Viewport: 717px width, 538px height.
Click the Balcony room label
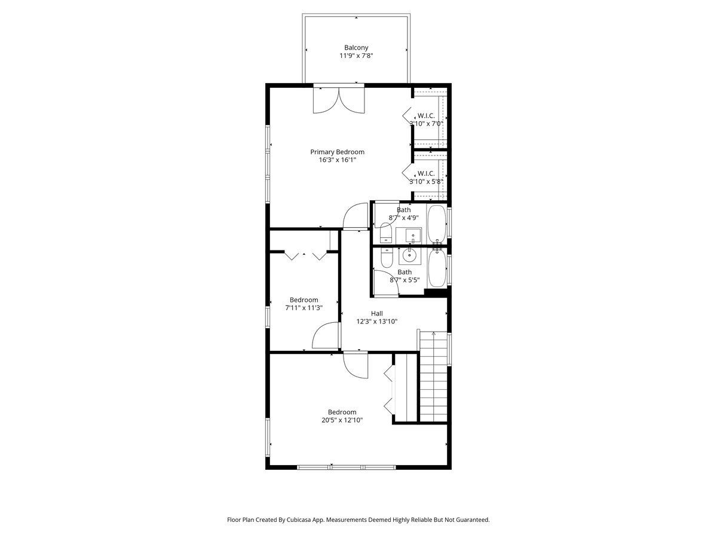tap(356, 48)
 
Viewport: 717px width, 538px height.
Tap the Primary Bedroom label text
tap(337, 152)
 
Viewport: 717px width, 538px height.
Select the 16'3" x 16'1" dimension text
tap(337, 160)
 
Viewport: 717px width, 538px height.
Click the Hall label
tap(376, 314)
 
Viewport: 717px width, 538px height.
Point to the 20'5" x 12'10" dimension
tap(342, 420)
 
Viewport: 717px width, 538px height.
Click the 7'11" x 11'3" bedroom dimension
tap(304, 308)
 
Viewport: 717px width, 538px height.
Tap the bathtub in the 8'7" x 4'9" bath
tap(437, 224)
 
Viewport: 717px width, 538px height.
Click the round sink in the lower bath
tap(409, 255)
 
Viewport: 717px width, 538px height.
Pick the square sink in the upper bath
tap(413, 236)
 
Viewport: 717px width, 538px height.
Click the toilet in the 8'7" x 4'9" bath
tap(386, 233)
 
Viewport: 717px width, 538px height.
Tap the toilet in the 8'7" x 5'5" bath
tap(387, 258)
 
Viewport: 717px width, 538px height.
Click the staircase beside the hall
tap(433, 377)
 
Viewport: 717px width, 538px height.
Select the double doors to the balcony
tap(339, 100)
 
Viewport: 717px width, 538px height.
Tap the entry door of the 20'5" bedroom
tap(356, 365)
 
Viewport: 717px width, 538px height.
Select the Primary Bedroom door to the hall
tap(356, 216)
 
